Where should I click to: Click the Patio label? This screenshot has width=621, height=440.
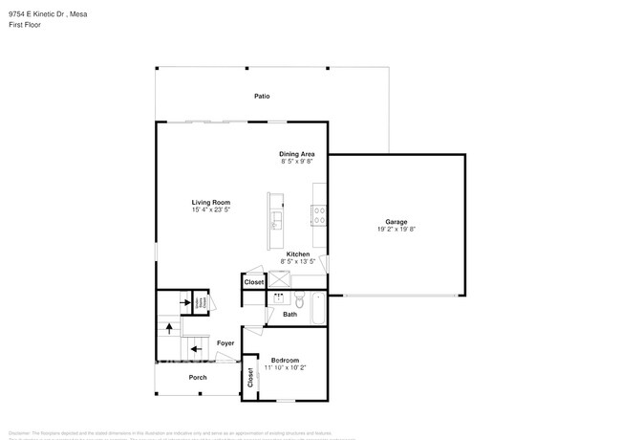tap(261, 97)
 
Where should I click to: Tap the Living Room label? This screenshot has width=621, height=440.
tap(210, 203)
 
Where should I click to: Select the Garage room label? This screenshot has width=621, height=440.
tap(396, 220)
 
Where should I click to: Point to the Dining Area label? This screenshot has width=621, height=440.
tap(297, 154)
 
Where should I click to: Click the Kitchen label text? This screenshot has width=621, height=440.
tap(298, 253)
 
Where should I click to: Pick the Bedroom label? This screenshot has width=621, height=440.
tap(286, 360)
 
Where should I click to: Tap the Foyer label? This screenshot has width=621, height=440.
tap(225, 342)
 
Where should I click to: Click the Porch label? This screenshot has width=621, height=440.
tap(198, 377)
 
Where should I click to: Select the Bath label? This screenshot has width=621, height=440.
tap(289, 314)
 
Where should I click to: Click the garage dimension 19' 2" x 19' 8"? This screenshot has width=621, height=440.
tap(396, 229)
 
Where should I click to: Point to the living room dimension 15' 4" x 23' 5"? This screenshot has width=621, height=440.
tap(210, 210)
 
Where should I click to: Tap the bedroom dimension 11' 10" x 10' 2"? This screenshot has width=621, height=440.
tap(286, 367)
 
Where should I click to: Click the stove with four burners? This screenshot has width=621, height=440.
tap(318, 215)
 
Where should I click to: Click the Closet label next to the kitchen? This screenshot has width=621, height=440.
tap(254, 282)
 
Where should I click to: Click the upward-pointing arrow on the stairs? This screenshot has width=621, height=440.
tap(170, 327)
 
